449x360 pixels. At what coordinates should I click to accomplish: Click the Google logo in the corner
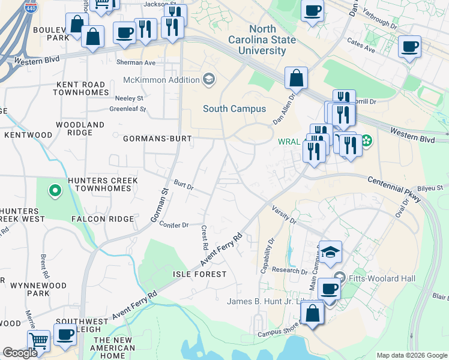click(x=20, y=353)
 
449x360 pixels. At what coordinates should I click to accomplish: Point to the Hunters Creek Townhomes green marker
click(x=55, y=191)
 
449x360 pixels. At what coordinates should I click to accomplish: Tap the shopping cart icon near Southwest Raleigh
click(x=38, y=341)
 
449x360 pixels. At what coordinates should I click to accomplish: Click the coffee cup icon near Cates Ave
click(x=410, y=47)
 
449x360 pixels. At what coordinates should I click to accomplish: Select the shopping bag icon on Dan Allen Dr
click(x=297, y=77)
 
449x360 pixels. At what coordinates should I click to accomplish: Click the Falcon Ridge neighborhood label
click(x=103, y=219)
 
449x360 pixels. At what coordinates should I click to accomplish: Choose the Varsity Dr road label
click(x=284, y=216)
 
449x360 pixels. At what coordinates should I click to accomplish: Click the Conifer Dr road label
click(x=174, y=225)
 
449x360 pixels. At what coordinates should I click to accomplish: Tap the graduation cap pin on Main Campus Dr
click(x=330, y=252)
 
